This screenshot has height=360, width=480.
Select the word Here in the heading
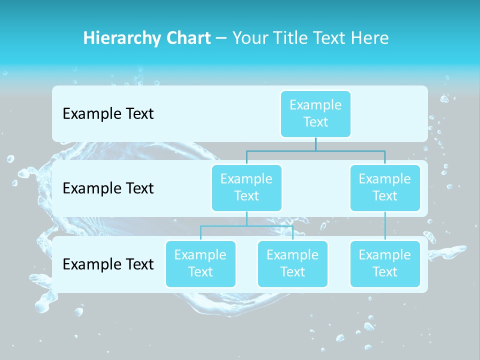[370, 38]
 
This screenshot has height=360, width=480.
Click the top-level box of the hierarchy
[315, 113]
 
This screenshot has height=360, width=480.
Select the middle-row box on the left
[246, 187]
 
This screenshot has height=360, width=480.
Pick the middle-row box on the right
[385, 187]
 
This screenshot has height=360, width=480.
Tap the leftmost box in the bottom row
[200, 263]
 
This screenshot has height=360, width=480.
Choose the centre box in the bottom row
[292, 263]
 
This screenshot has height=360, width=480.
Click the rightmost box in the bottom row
[385, 263]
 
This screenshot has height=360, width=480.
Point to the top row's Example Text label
[108, 114]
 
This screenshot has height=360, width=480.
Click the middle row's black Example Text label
[108, 188]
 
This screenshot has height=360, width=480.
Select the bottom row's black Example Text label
[108, 264]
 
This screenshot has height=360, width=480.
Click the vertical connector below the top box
[315, 144]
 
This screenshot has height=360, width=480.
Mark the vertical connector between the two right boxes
[385, 226]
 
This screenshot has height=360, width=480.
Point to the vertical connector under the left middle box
[246, 218]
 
